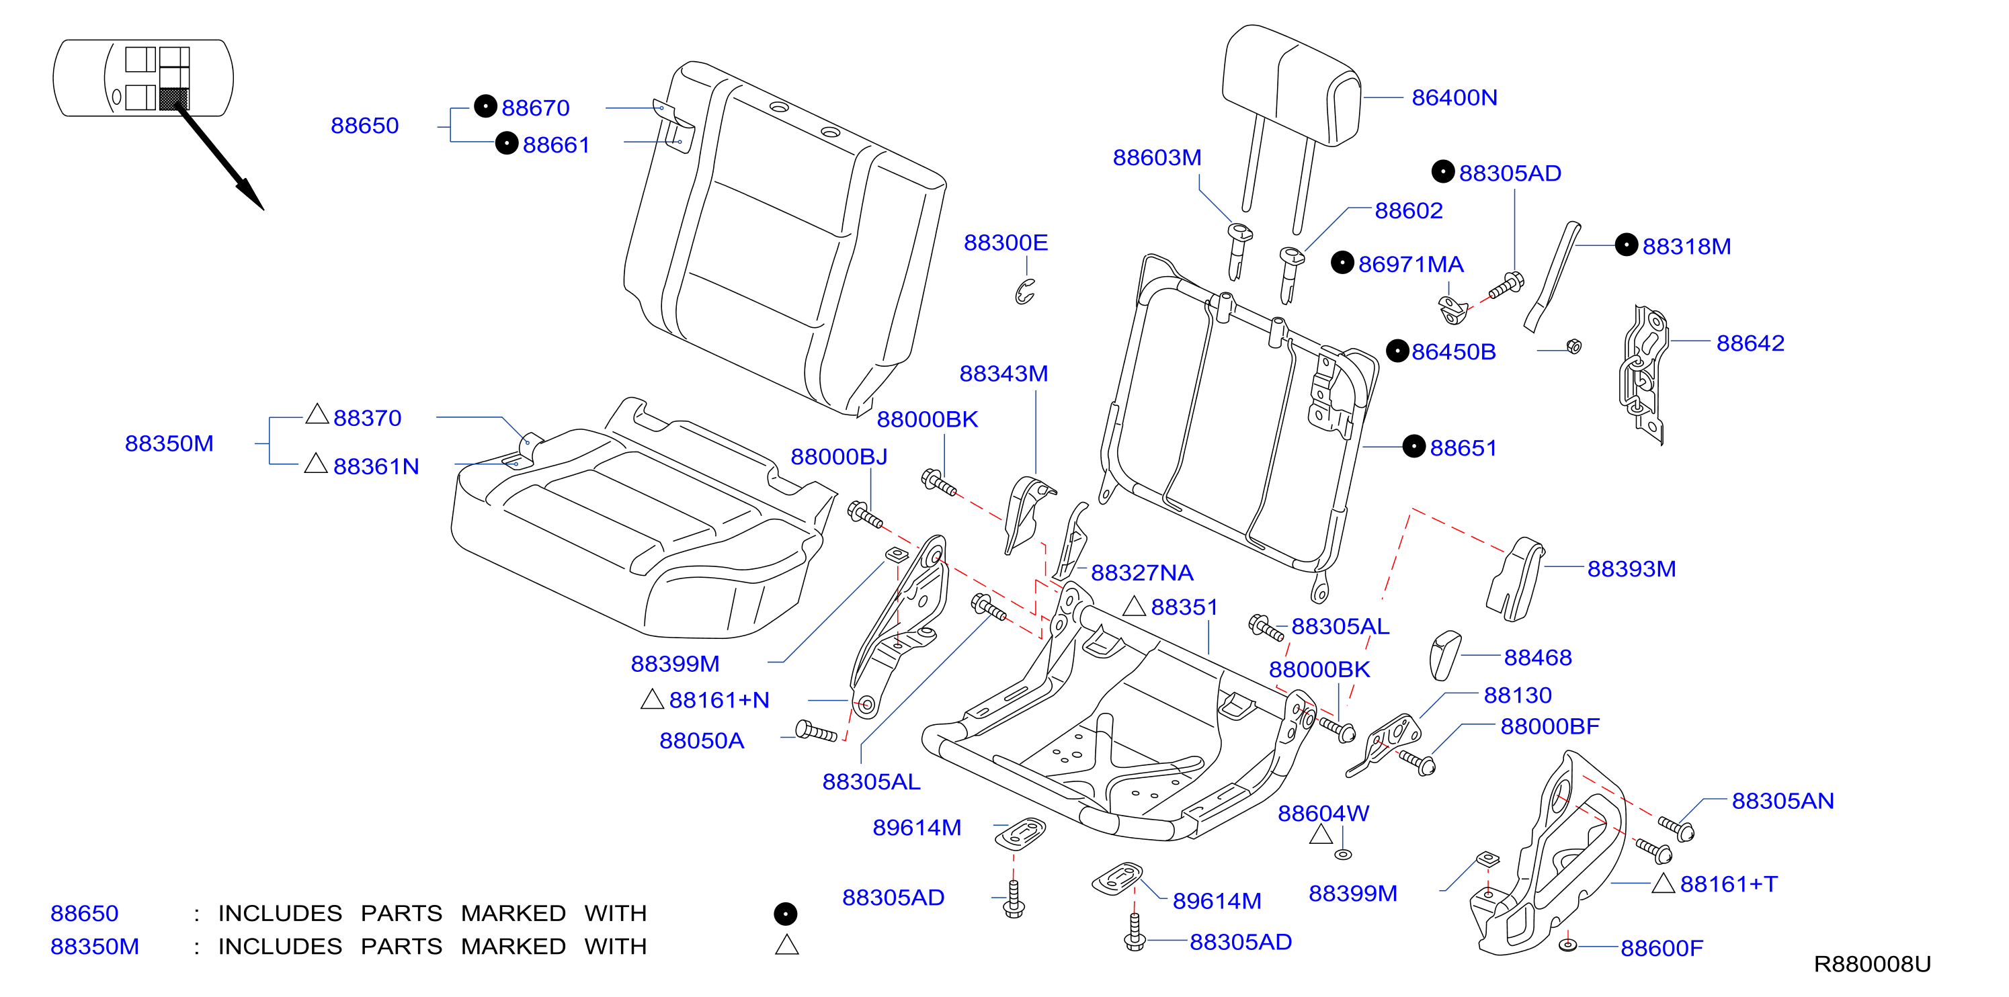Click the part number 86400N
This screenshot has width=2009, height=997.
pyautogui.click(x=1454, y=97)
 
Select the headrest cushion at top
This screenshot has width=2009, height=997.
pyautogui.click(x=1290, y=84)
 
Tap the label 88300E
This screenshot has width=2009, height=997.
pyautogui.click(x=1006, y=243)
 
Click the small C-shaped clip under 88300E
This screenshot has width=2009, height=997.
pyautogui.click(x=1024, y=292)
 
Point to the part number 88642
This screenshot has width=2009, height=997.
pyautogui.click(x=1750, y=343)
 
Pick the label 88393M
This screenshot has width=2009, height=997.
pyautogui.click(x=1631, y=569)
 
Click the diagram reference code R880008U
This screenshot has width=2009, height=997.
pyautogui.click(x=1872, y=964)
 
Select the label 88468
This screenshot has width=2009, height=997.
pyautogui.click(x=1537, y=657)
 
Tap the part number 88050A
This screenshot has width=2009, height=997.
pyautogui.click(x=701, y=740)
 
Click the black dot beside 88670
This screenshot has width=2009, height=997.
pyautogui.click(x=485, y=106)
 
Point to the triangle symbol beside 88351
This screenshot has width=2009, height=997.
pyautogui.click(x=1134, y=606)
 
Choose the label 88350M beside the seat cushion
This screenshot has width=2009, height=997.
pyautogui.click(x=169, y=443)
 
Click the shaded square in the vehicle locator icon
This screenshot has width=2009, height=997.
pyautogui.click(x=174, y=98)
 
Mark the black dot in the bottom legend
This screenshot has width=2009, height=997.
pyautogui.click(x=785, y=913)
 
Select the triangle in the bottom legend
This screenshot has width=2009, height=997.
pyautogui.click(x=787, y=945)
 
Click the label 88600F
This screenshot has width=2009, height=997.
pyautogui.click(x=1661, y=948)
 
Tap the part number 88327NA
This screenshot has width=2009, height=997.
pyautogui.click(x=1142, y=573)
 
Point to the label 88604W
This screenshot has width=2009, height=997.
pyautogui.click(x=1323, y=813)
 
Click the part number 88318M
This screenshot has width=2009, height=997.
pyautogui.click(x=1686, y=247)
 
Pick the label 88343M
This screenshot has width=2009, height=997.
pyautogui.click(x=1003, y=374)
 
